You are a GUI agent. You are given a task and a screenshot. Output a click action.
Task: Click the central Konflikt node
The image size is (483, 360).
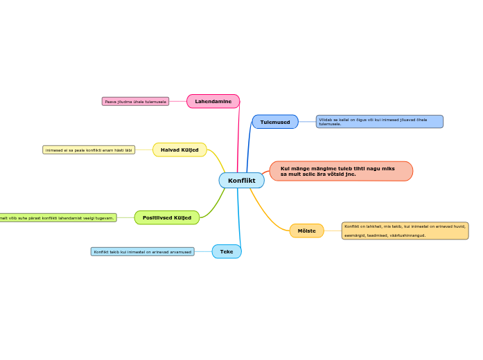[x=241, y=181]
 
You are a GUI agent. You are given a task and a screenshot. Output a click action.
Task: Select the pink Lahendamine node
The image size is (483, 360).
[x=213, y=102]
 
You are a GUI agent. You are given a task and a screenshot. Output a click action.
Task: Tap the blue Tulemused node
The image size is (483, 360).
[x=275, y=122]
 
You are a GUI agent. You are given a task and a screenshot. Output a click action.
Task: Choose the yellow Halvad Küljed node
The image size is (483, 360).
[x=179, y=150]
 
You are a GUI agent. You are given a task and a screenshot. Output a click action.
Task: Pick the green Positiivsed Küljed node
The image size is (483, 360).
[x=166, y=217]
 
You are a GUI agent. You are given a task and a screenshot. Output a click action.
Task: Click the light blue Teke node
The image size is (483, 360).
[x=227, y=251]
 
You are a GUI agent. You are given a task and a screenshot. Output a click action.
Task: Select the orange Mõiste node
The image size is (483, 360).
[x=306, y=231]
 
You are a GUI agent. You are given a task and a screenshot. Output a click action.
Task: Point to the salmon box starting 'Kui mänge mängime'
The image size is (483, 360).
[x=341, y=171]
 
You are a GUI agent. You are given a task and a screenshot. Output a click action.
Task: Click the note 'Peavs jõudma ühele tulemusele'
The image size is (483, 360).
[x=135, y=102]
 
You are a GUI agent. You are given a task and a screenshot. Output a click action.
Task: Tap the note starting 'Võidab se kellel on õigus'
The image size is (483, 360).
[x=379, y=122]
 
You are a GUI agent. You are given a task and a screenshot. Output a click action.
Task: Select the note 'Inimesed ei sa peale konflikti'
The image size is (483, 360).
[x=89, y=150]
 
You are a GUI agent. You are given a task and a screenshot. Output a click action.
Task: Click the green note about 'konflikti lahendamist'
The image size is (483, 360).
[x=59, y=217]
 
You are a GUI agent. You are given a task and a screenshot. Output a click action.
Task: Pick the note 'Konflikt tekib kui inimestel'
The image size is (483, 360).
[x=142, y=251]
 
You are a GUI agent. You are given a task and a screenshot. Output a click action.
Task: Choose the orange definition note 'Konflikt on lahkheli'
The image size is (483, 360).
[x=405, y=231]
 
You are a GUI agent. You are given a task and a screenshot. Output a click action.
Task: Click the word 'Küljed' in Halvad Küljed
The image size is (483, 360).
[x=190, y=150]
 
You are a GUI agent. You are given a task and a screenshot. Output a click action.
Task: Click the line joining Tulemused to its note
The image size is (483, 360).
[x=307, y=122]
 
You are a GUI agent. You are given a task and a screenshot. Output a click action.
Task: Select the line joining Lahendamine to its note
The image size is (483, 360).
[x=178, y=102]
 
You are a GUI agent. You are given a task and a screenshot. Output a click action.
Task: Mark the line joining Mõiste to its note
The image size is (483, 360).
[x=333, y=231]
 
